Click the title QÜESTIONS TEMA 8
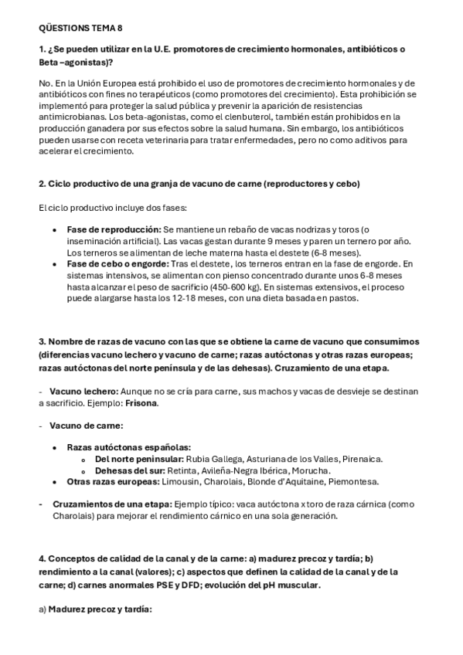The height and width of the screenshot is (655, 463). pos(80,28)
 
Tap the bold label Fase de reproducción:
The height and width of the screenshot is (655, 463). pos(114,230)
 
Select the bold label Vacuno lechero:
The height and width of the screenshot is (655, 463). pos(83,392)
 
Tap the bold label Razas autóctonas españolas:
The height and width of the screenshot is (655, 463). pos(128,447)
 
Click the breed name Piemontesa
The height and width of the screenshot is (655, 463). pos(353,482)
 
